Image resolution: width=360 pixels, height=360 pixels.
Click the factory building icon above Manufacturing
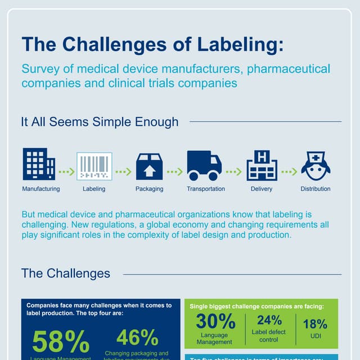click(39, 164)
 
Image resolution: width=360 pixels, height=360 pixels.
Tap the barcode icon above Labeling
click(94, 166)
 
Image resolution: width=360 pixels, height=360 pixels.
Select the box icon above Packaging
click(149, 166)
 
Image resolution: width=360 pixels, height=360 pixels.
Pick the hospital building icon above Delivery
click(262, 165)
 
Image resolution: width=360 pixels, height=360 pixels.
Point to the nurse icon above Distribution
click(316, 166)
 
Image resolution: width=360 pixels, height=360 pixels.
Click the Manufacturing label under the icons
click(40, 189)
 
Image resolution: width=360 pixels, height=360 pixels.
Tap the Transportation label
click(206, 189)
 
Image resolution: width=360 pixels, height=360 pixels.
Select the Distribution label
click(316, 189)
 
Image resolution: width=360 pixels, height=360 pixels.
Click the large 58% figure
click(61, 342)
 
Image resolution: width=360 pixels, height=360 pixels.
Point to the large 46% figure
click(137, 337)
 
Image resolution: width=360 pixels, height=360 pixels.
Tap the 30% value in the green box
click(215, 321)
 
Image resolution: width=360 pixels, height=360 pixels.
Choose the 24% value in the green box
click(269, 321)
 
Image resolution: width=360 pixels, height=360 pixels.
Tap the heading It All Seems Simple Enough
click(100, 121)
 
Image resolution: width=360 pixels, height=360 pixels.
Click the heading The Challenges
click(66, 274)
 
